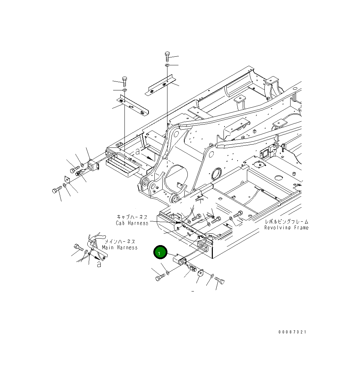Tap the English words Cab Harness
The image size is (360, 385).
point(132,223)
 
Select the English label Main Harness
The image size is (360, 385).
point(120,247)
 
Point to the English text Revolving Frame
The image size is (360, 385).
point(286,228)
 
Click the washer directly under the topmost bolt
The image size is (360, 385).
point(167,65)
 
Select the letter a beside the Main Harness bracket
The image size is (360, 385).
point(99,264)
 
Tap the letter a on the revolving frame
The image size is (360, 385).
point(138,151)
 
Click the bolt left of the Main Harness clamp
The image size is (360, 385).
point(78,247)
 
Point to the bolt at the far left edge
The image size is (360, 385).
point(56,190)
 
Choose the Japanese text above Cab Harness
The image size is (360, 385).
point(132,217)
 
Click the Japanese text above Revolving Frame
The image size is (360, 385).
point(286,222)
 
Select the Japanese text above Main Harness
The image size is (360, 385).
point(120,242)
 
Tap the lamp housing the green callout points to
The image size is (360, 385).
point(180,260)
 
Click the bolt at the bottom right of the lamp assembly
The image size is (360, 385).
point(220,281)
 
